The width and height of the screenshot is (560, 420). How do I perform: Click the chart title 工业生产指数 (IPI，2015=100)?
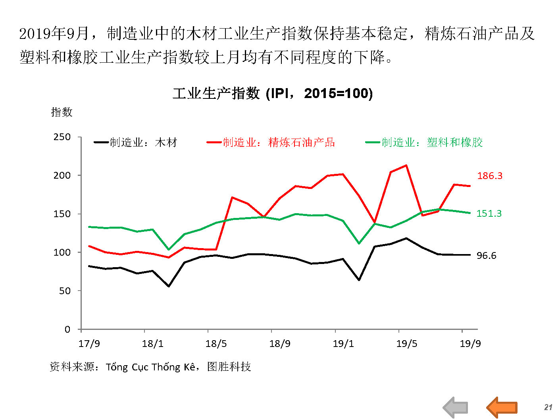click(x=273, y=94)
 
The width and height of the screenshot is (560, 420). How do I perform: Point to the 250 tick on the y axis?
click(x=62, y=137)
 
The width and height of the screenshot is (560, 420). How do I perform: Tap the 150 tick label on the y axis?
click(x=62, y=214)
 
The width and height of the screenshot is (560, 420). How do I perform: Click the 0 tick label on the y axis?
click(x=67, y=329)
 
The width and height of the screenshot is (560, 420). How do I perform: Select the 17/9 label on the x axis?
click(x=89, y=344)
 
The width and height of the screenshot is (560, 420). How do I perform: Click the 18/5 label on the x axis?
click(x=216, y=344)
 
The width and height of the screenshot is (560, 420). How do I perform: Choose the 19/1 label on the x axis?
click(x=343, y=344)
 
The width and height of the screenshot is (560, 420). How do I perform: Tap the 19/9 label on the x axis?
click(x=470, y=344)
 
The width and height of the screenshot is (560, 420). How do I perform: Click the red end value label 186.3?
click(x=490, y=176)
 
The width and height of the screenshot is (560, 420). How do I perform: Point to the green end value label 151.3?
click(x=489, y=214)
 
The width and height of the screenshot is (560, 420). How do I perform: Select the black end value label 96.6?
click(x=486, y=256)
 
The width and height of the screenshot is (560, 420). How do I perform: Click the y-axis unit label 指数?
click(x=62, y=112)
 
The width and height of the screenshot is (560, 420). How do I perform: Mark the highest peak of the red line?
click(x=406, y=165)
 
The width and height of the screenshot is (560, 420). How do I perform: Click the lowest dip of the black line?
click(x=169, y=286)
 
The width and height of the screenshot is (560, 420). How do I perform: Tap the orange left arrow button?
click(x=502, y=407)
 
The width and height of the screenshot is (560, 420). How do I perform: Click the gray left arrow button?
click(x=456, y=407)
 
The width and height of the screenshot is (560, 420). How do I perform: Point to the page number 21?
click(x=548, y=407)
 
